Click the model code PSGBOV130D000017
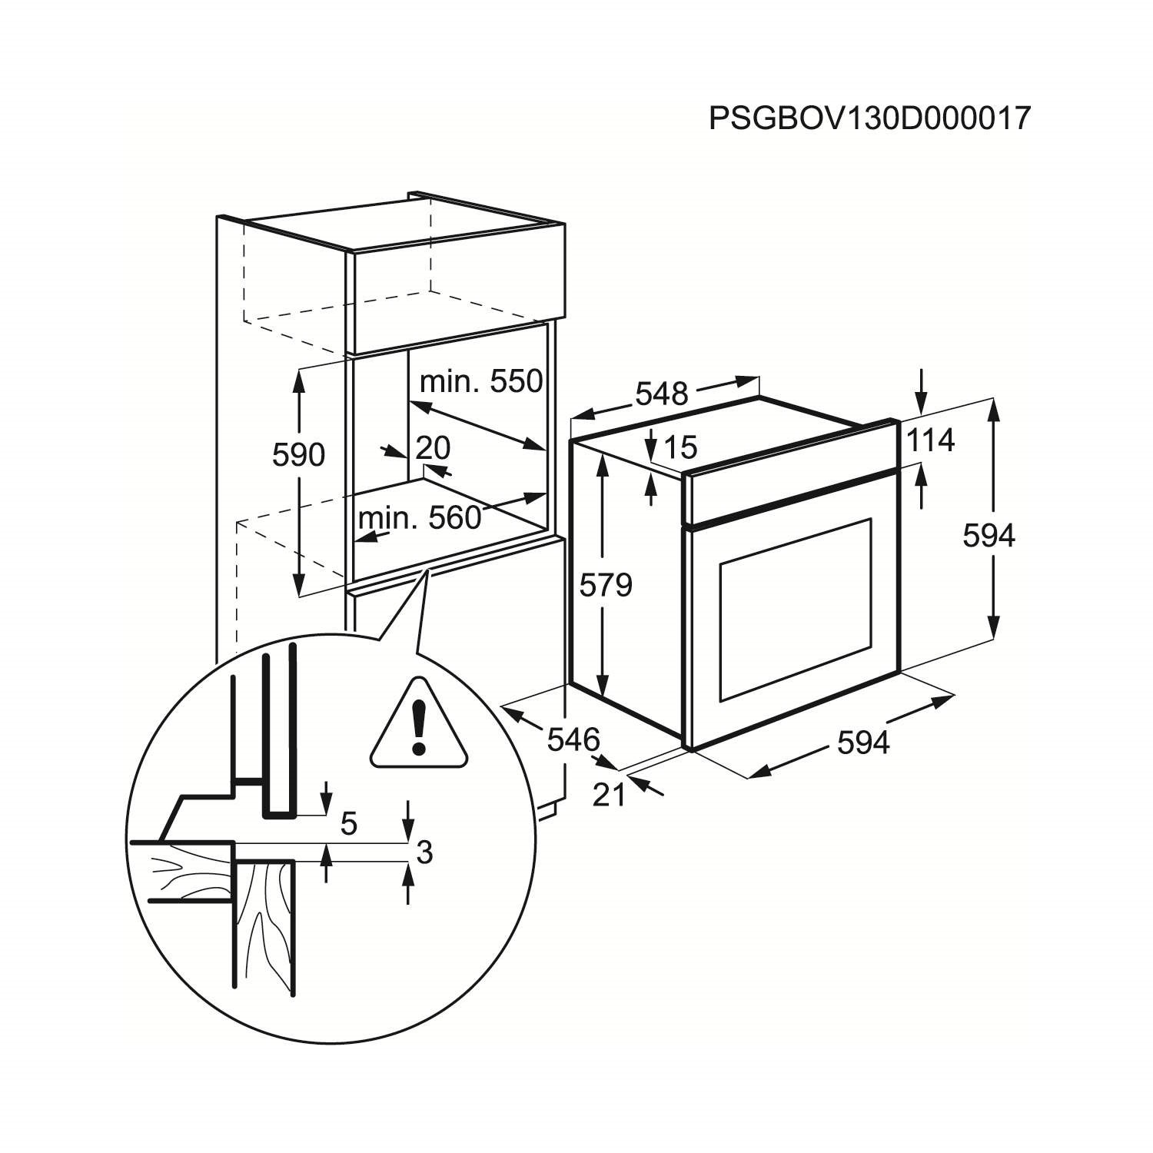pyautogui.click(x=869, y=119)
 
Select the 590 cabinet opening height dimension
pyautogui.click(x=298, y=456)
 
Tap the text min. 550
pyautogui.click(x=481, y=380)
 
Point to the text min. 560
pyautogui.click(x=420, y=517)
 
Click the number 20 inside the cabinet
pyautogui.click(x=433, y=447)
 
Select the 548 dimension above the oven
pyautogui.click(x=662, y=394)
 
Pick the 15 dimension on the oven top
pyautogui.click(x=679, y=446)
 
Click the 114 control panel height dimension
pyautogui.click(x=930, y=440)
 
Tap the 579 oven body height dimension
pyautogui.click(x=606, y=586)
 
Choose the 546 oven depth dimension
pyautogui.click(x=573, y=739)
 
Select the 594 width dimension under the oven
pyautogui.click(x=862, y=743)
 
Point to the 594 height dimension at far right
pyautogui.click(x=989, y=536)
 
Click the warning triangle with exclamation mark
pyautogui.click(x=419, y=726)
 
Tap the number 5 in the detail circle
pyautogui.click(x=348, y=824)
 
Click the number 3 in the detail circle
pyautogui.click(x=424, y=852)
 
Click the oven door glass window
pyautogui.click(x=796, y=609)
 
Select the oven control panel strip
pyautogui.click(x=792, y=493)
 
